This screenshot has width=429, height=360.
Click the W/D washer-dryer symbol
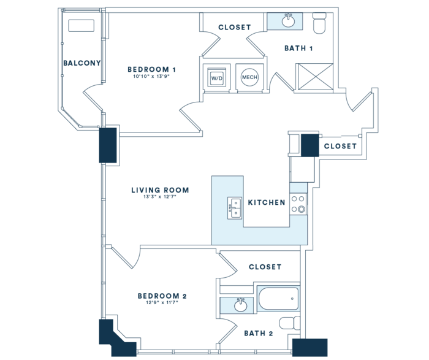pyautogui.click(x=217, y=77)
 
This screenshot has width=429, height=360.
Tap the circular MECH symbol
pyautogui.click(x=249, y=77)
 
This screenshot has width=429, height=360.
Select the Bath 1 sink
pyautogui.click(x=289, y=21)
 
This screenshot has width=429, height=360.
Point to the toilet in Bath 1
pyautogui.click(x=319, y=23)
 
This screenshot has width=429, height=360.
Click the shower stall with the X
pyautogui.click(x=316, y=77)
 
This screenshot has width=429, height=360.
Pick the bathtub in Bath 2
pyautogui.click(x=278, y=299)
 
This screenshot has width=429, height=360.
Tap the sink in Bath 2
pyautogui.click(x=240, y=305)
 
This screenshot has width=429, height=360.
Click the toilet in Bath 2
pyautogui.click(x=289, y=323)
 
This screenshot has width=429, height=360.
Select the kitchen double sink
pyautogui.click(x=235, y=208)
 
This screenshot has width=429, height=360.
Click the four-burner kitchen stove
pyautogui.click(x=298, y=204)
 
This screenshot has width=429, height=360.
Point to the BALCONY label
pyautogui.click(x=82, y=63)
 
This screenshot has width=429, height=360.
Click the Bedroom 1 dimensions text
pyautogui.click(x=151, y=77)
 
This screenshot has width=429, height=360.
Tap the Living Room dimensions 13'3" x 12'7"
pyautogui.click(x=160, y=196)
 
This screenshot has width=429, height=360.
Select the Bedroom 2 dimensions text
pyautogui.click(x=162, y=302)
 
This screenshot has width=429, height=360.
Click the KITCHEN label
pyautogui.click(x=267, y=202)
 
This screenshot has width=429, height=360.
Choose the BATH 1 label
pyautogui.click(x=298, y=48)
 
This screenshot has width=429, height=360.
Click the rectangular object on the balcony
pyautogui.click(x=82, y=26)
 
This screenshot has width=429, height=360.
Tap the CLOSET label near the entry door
pyautogui.click(x=340, y=146)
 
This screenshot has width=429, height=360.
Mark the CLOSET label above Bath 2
pyautogui.click(x=265, y=267)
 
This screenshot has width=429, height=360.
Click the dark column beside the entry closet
pyautogui.click(x=310, y=145)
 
